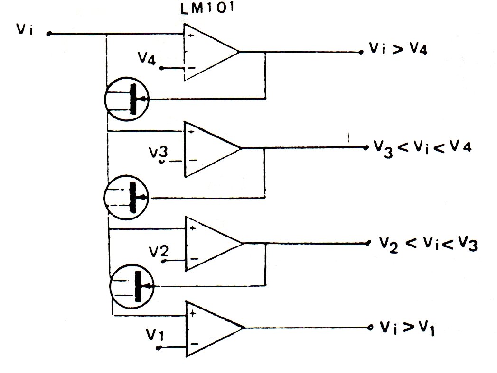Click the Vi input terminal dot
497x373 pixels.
[49, 34]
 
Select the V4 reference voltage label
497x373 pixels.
[147, 58]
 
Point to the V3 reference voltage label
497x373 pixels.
[159, 153]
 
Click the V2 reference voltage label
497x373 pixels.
[159, 251]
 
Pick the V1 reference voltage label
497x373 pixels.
[155, 335]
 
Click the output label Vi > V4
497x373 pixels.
[398, 49]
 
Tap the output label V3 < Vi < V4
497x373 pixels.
[422, 147]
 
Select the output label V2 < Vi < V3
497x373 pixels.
[428, 244]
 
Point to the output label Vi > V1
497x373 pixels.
[407, 328]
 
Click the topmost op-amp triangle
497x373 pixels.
[210, 52]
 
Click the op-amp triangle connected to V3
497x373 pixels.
[212, 148]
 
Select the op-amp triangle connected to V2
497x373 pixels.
[214, 244]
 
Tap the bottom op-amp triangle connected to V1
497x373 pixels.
[215, 328]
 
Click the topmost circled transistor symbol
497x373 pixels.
[127, 99]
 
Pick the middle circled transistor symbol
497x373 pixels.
[126, 197]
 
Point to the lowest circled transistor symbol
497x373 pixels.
[132, 286]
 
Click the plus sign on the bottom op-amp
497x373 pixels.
[193, 314]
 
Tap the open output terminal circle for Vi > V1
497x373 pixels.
[370, 328]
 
